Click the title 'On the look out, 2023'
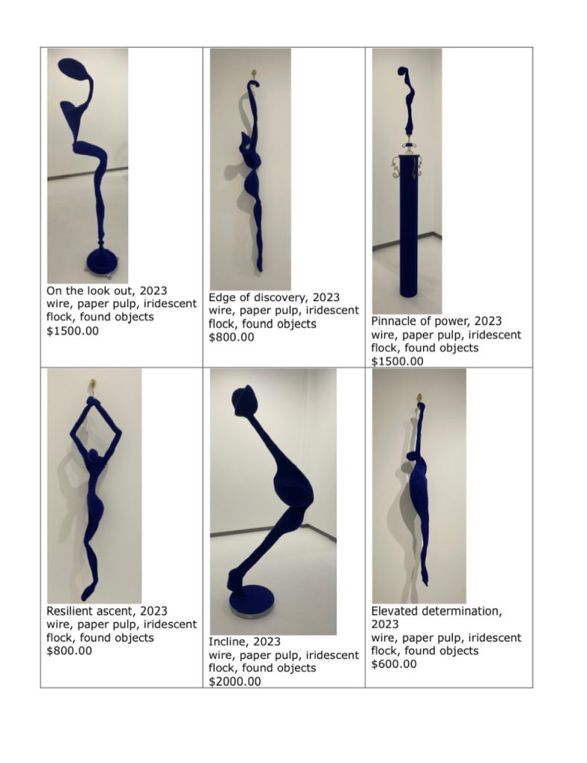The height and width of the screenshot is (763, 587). pos(107,291)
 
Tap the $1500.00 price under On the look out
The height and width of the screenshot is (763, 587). pos(72,331)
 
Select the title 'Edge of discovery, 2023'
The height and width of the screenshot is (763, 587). pos(274,297)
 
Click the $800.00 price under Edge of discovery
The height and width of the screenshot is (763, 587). pos(232,338)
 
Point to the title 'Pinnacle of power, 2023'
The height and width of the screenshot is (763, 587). pos(437,321)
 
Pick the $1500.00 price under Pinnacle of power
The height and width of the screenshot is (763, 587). pos(397,361)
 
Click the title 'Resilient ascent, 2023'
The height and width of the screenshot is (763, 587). pos(107,611)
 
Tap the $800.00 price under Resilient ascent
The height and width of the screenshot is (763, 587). pos(69,650)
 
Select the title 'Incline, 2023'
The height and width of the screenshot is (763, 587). pos(244,642)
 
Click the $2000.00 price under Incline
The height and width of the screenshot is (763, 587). pos(235,681)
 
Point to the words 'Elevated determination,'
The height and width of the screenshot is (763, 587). pos(437,611)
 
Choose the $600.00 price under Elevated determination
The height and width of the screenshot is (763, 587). pos(394,664)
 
